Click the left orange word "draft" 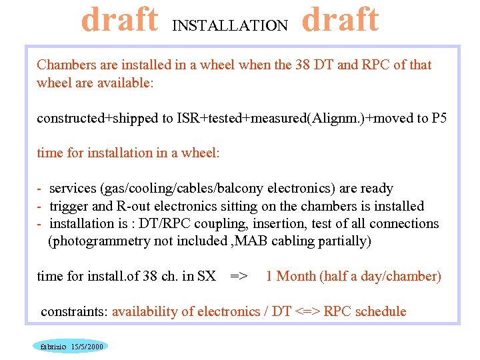[x=120, y=20]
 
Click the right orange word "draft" [x=341, y=20]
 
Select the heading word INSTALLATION [x=230, y=26]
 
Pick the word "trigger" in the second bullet [x=70, y=206]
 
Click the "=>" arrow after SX [x=239, y=276]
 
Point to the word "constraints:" [x=74, y=311]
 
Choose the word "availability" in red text [x=147, y=311]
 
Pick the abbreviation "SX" [x=207, y=276]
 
